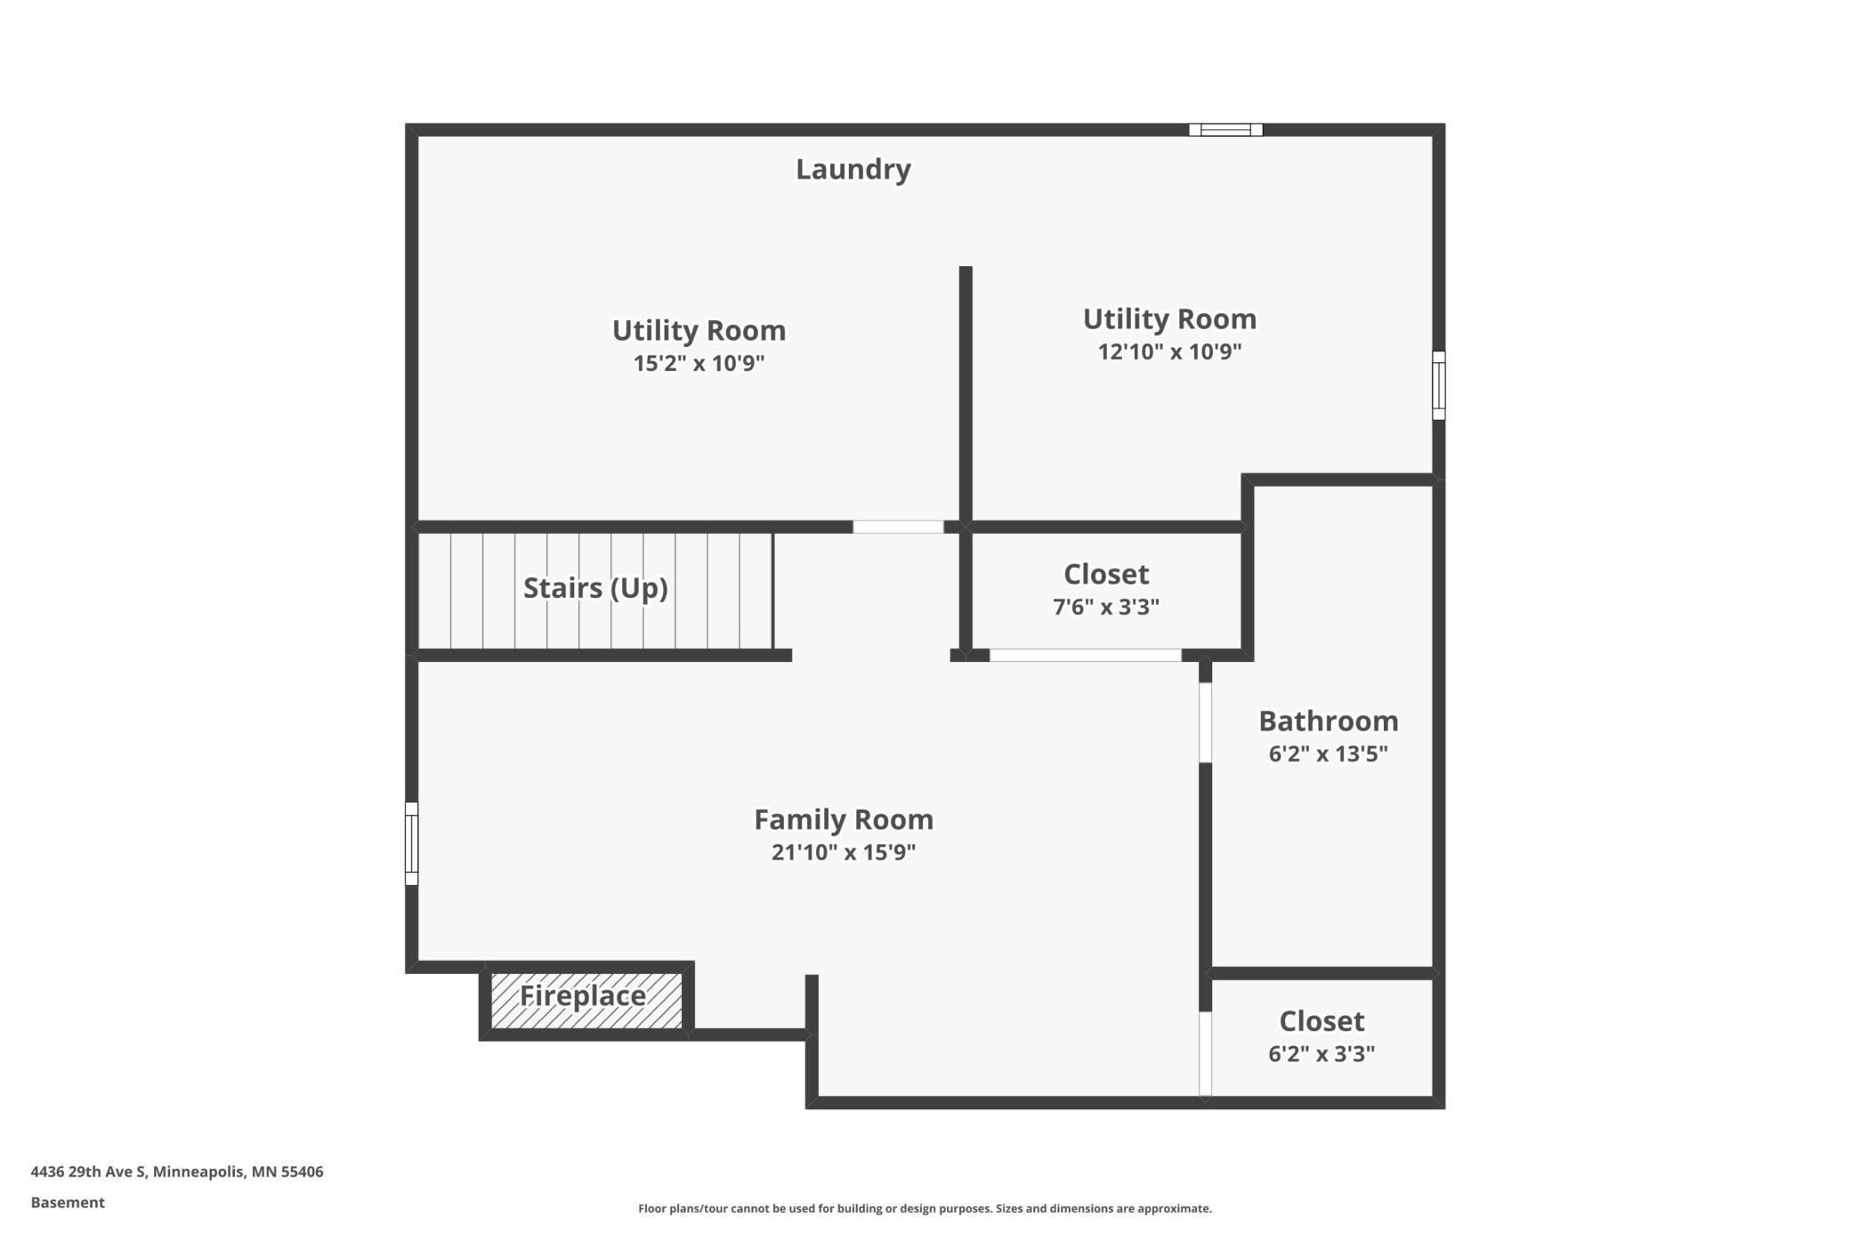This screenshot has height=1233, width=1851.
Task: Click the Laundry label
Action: [853, 169]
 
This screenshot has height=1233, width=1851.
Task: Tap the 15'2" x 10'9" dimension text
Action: [699, 363]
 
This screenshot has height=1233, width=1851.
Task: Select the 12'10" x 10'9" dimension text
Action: [1168, 351]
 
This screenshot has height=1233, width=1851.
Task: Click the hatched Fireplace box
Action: [586, 1001]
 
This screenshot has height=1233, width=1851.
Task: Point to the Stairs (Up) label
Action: [594, 588]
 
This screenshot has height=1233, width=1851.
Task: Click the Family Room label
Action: [843, 819]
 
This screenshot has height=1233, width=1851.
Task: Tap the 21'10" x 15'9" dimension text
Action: [843, 852]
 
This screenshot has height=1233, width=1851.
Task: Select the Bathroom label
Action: [1327, 721]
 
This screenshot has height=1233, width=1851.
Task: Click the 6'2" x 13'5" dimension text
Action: [1327, 753]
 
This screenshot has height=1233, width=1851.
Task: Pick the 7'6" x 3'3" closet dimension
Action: [1105, 607]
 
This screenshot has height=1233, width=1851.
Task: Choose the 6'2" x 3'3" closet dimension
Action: [1321, 1053]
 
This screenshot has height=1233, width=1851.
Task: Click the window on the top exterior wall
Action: [1225, 130]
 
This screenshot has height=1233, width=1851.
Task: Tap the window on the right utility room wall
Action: [1438, 385]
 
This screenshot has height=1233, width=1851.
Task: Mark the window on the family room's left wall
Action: [411, 843]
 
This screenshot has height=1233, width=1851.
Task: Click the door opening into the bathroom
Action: [1205, 722]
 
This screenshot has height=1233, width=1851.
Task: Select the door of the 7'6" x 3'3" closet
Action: [1085, 656]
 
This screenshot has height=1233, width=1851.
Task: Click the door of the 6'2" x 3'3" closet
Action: [1205, 1053]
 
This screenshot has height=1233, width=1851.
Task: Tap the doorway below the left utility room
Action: [898, 527]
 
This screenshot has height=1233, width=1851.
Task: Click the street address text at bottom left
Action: [177, 1172]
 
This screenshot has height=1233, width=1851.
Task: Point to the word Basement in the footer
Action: [68, 1203]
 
